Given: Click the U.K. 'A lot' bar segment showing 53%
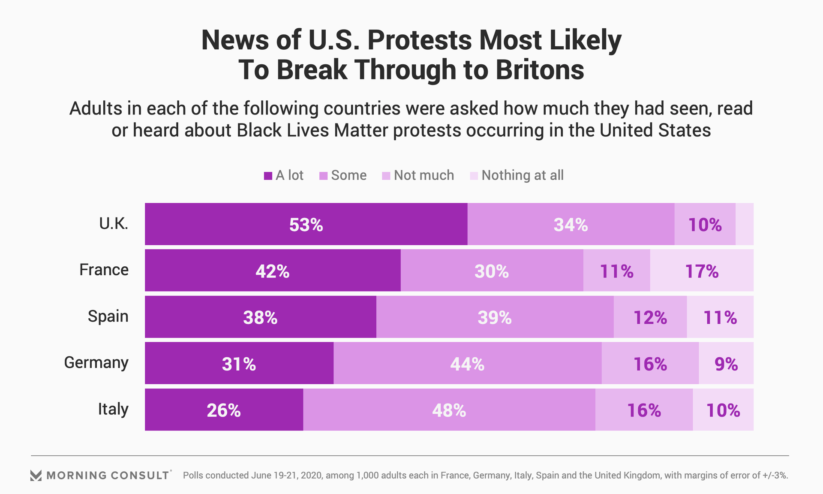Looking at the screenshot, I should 306,224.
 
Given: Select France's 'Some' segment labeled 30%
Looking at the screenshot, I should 492,271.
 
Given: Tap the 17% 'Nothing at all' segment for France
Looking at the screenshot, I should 702,271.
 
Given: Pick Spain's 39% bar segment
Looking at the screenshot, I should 495,317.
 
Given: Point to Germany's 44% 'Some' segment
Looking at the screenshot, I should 467,363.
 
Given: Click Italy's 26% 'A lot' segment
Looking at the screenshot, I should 224,410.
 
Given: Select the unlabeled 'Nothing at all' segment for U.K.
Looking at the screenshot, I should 745,224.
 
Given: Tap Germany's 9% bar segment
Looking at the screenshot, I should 726,363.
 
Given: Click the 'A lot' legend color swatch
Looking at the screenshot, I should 268,176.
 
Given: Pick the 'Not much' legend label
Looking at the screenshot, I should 424,175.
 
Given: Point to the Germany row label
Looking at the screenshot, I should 96,363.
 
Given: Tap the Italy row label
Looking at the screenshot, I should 113,409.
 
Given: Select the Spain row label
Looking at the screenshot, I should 108,316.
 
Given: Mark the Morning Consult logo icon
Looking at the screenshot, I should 36,475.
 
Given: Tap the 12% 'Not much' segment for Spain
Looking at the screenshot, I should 650,317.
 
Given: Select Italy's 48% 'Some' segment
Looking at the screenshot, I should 449,410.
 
